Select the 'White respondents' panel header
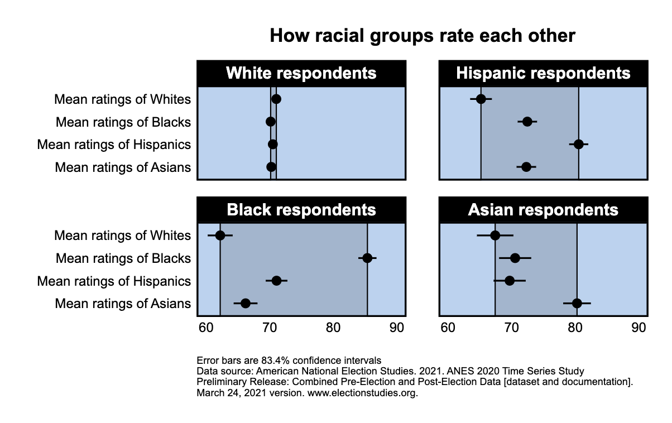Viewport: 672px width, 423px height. [x=301, y=73]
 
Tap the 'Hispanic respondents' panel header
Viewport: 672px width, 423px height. [x=543, y=73]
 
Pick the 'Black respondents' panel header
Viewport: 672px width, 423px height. [x=301, y=210]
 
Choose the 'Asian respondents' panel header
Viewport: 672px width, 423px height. [x=543, y=210]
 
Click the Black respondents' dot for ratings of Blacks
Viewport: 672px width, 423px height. [x=367, y=258]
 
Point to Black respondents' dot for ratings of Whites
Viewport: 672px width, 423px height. [x=220, y=235]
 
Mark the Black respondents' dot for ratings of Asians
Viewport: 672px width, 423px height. [x=246, y=304]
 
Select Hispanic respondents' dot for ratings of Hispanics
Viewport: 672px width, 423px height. [x=579, y=145]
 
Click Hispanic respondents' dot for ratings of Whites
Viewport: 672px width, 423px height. [x=481, y=99]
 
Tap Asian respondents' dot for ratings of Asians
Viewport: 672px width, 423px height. [x=577, y=304]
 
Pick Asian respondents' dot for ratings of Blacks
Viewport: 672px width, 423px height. [x=515, y=258]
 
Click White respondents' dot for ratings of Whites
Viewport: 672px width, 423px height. [x=276, y=99]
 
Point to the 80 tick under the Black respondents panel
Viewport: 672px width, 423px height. [x=333, y=328]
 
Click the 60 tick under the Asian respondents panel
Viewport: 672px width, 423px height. [x=448, y=328]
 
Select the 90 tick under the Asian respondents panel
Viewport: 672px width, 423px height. [x=639, y=328]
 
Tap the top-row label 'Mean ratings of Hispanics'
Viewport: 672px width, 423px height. [x=114, y=145]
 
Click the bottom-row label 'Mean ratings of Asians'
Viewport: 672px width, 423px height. [x=123, y=304]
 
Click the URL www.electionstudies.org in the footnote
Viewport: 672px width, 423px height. [x=362, y=393]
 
